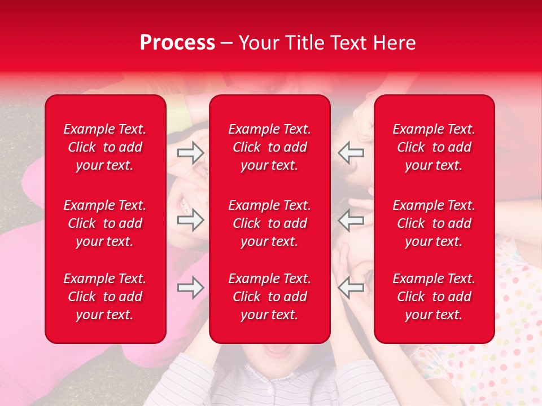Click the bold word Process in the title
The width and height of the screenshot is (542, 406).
(177, 43)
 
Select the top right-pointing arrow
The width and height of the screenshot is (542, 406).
(190, 152)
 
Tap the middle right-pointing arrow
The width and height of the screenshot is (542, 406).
(190, 220)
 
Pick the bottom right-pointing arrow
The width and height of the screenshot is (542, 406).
(190, 288)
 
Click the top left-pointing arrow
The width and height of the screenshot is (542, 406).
(351, 152)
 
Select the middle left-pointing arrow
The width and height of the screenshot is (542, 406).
(351, 220)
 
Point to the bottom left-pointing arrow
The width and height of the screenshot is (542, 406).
(351, 288)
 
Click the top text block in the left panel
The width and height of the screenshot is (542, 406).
(105, 147)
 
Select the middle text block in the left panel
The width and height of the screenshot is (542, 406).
(105, 223)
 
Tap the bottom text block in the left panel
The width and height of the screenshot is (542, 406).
(105, 297)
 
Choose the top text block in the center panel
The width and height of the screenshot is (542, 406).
(269, 147)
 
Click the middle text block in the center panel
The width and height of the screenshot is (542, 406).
(269, 223)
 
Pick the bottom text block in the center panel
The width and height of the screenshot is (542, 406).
(269, 297)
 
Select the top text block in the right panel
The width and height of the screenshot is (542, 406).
(434, 147)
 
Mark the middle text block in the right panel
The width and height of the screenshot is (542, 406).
(434, 223)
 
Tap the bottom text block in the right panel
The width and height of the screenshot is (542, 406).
(434, 297)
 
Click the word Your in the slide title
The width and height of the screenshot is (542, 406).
(257, 43)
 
